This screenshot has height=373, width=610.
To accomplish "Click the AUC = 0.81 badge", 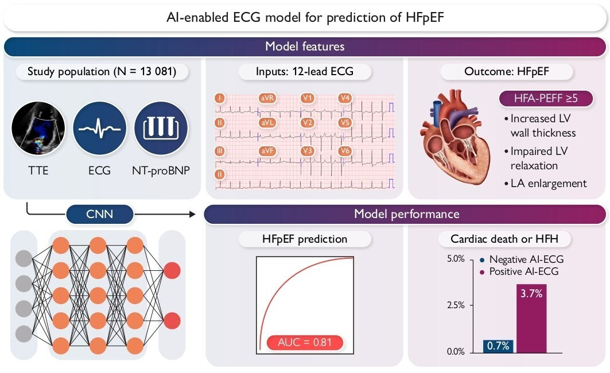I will pyautogui.click(x=305, y=343).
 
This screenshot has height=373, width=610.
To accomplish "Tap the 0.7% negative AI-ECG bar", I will pyautogui.click(x=498, y=345).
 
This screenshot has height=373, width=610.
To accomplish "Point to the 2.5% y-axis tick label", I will pyautogui.click(x=455, y=305).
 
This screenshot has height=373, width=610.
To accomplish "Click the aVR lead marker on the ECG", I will pyautogui.click(x=267, y=98).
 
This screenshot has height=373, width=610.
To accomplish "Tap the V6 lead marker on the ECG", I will pyautogui.click(x=344, y=151).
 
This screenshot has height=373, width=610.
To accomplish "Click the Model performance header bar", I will pyautogui.click(x=406, y=215).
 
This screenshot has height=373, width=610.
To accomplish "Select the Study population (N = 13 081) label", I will pyautogui.click(x=101, y=72).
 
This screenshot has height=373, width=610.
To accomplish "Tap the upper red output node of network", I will pyautogui.click(x=172, y=270).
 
